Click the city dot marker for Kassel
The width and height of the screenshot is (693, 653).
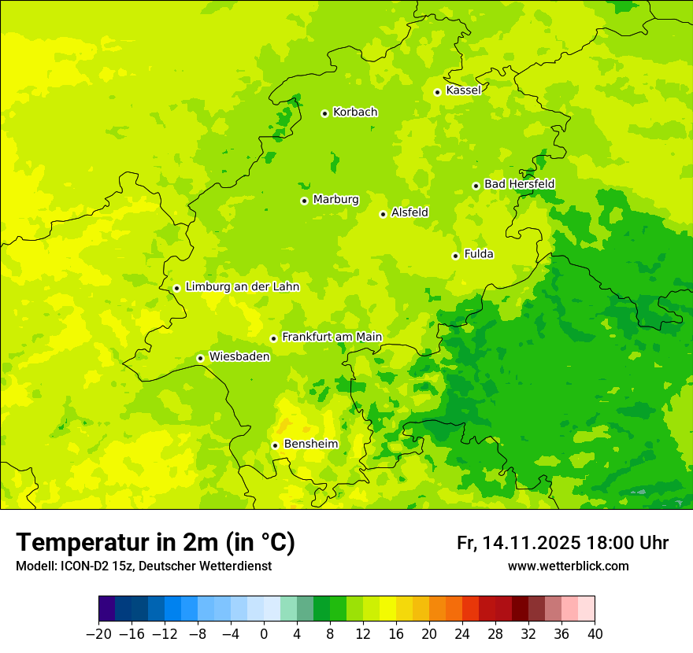pos(437,92)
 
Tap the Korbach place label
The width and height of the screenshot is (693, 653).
pos(355,113)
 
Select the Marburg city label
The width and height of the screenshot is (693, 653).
pos(335,200)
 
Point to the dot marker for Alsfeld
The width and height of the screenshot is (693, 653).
pos(383,214)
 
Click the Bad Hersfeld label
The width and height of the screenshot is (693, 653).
pos(519,184)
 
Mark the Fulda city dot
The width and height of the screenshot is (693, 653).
pos(455,256)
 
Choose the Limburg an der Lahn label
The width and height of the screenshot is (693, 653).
pos(243,287)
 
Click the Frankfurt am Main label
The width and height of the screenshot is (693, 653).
pos(332,338)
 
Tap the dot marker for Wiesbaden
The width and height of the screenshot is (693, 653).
pos(200,358)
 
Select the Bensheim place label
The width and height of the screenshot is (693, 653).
pos(310,445)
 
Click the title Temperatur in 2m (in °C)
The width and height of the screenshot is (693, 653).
pos(155,543)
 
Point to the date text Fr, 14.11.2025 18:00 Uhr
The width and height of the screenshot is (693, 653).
pos(562,543)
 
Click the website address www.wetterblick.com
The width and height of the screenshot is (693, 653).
pos(568,566)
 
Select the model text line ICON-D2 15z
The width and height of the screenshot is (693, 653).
pos(143,566)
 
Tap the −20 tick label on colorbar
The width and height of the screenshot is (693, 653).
pos(98,634)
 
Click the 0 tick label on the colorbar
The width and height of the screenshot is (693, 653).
pos(264,634)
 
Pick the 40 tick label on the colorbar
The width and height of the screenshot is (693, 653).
pos(595,634)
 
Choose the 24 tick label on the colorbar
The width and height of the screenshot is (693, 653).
pos(462,634)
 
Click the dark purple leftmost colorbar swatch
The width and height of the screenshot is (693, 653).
pos(106,609)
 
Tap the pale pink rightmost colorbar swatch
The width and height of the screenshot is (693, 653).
pos(586,609)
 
